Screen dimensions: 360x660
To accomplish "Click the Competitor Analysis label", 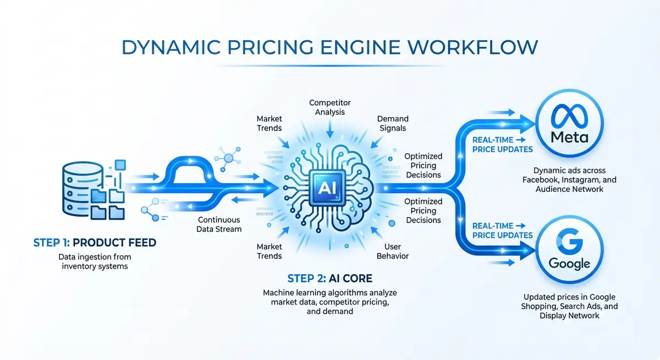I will (x=330, y=108).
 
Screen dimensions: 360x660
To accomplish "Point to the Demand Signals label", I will (x=392, y=123).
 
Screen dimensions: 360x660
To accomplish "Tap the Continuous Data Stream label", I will (x=219, y=224).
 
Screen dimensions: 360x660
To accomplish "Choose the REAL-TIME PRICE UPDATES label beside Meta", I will (x=502, y=145).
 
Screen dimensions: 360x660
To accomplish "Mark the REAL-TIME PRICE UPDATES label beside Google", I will (x=502, y=230).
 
